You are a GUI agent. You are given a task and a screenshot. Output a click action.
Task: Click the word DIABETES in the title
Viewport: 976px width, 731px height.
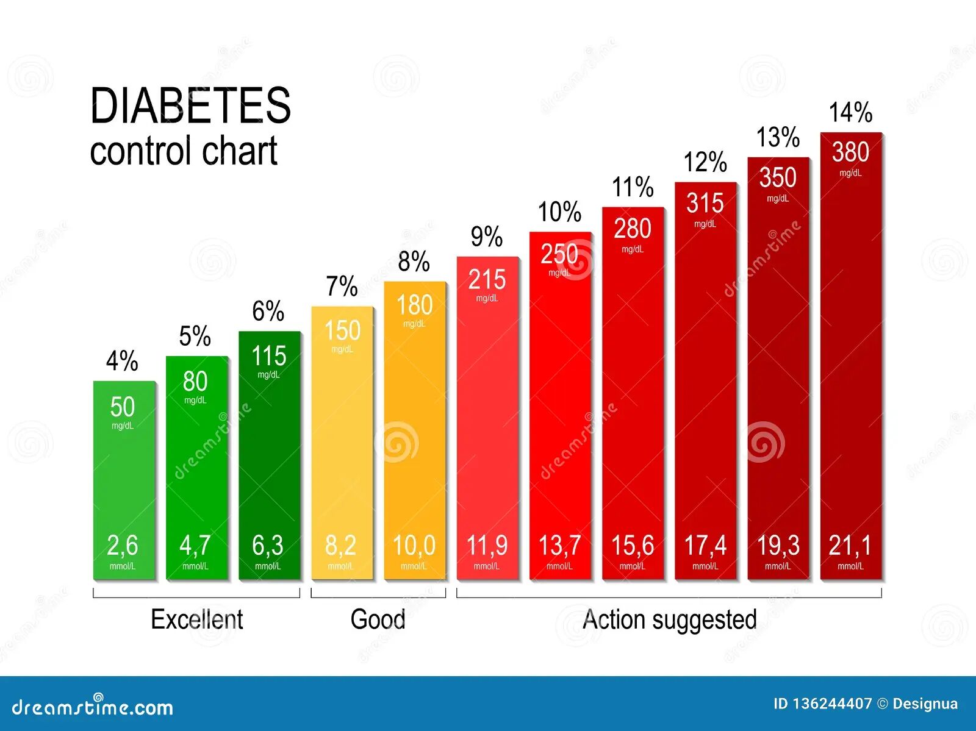[190, 105]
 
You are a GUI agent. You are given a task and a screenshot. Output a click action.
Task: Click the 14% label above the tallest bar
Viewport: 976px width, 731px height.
[850, 113]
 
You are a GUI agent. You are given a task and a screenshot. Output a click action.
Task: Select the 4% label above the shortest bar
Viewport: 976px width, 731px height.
[122, 361]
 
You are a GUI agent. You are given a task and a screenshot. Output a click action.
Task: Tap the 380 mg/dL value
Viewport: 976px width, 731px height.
[850, 152]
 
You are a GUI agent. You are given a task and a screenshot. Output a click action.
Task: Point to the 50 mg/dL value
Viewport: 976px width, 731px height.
[123, 407]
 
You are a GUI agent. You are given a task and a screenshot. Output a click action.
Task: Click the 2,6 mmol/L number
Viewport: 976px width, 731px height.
[123, 546]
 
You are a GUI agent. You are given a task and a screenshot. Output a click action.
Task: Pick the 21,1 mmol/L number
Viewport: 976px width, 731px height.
[850, 546]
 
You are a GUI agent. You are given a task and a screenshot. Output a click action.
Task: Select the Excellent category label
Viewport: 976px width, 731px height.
[196, 619]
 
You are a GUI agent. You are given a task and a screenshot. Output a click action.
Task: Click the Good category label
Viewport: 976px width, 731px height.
[378, 619]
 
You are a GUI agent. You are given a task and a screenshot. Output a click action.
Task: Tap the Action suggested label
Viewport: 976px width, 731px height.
[669, 619]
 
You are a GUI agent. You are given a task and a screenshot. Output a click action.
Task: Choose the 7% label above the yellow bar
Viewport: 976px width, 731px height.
[342, 287]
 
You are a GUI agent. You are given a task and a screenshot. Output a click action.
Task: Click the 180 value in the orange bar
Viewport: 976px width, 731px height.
[414, 305]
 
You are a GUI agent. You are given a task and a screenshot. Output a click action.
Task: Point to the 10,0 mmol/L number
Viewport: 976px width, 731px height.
[414, 546]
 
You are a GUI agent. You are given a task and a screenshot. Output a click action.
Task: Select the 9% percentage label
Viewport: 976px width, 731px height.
[487, 237]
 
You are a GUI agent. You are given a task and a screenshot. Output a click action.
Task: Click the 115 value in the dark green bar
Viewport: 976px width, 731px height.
[269, 356]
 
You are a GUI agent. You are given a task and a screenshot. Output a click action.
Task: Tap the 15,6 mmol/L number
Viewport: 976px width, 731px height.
[633, 546]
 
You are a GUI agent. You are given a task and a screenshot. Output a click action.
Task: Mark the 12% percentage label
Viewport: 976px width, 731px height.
[705, 162]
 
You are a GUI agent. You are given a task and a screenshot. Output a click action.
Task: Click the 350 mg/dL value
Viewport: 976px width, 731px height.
[778, 178]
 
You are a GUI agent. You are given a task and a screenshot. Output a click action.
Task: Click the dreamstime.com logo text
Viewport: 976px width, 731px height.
[93, 707]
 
